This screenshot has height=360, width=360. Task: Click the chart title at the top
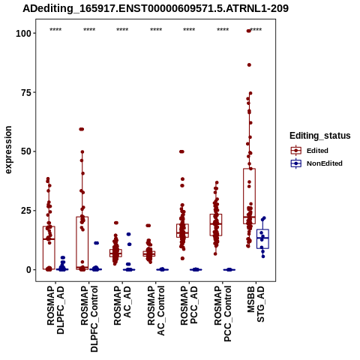[x=155, y=8]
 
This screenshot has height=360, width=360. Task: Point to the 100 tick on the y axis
[x=24, y=33]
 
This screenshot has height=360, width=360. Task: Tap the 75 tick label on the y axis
[x=26, y=92]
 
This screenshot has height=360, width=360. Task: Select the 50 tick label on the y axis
[x=26, y=151]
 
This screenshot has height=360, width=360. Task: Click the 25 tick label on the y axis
[x=26, y=211]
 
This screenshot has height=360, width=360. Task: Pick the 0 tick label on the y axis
[x=29, y=270]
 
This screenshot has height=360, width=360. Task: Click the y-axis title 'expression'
[x=8, y=150]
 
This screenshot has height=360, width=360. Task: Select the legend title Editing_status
[x=320, y=136]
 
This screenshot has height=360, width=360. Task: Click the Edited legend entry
[x=317, y=151]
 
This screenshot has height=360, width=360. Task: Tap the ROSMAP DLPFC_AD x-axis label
[x=55, y=310]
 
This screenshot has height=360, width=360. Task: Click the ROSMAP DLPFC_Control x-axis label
[x=89, y=319]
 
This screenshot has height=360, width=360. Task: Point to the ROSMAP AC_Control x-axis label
[x=156, y=310]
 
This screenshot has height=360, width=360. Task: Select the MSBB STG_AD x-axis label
[x=256, y=304]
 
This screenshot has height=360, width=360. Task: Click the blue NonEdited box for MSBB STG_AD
[x=262, y=238]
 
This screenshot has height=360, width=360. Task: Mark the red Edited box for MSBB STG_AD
[x=249, y=196]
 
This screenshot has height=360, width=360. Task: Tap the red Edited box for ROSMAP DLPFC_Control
[x=82, y=243]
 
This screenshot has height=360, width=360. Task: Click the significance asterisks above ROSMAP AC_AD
[x=122, y=30]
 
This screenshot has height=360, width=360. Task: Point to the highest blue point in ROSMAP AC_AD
[x=129, y=234]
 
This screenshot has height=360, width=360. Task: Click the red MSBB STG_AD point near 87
[x=249, y=65]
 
